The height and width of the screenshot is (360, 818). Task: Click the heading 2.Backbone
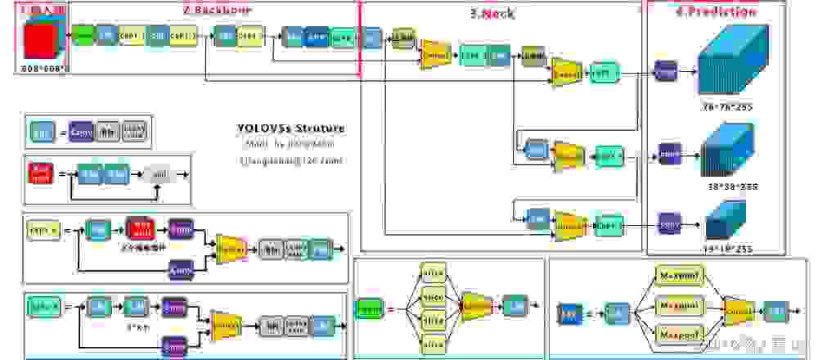[x=216, y=10]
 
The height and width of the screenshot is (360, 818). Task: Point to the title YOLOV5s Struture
[x=290, y=128]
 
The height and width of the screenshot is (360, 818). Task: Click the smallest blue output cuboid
[x=725, y=218]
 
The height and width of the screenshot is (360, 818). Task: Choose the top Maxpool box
[x=679, y=275]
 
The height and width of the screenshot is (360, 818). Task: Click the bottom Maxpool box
[x=679, y=335]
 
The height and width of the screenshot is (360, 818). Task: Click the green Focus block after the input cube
[x=83, y=36]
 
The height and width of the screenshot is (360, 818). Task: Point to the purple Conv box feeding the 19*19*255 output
[x=668, y=222]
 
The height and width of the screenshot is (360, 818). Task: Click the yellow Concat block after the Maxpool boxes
[x=739, y=313]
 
